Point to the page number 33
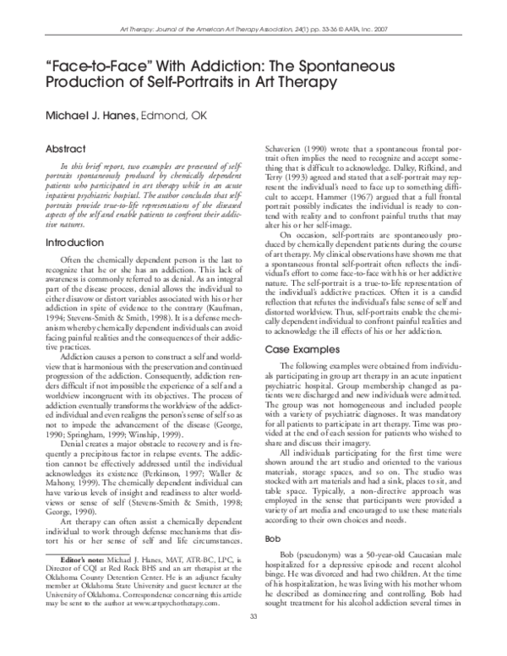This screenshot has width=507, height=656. [x=253, y=637]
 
